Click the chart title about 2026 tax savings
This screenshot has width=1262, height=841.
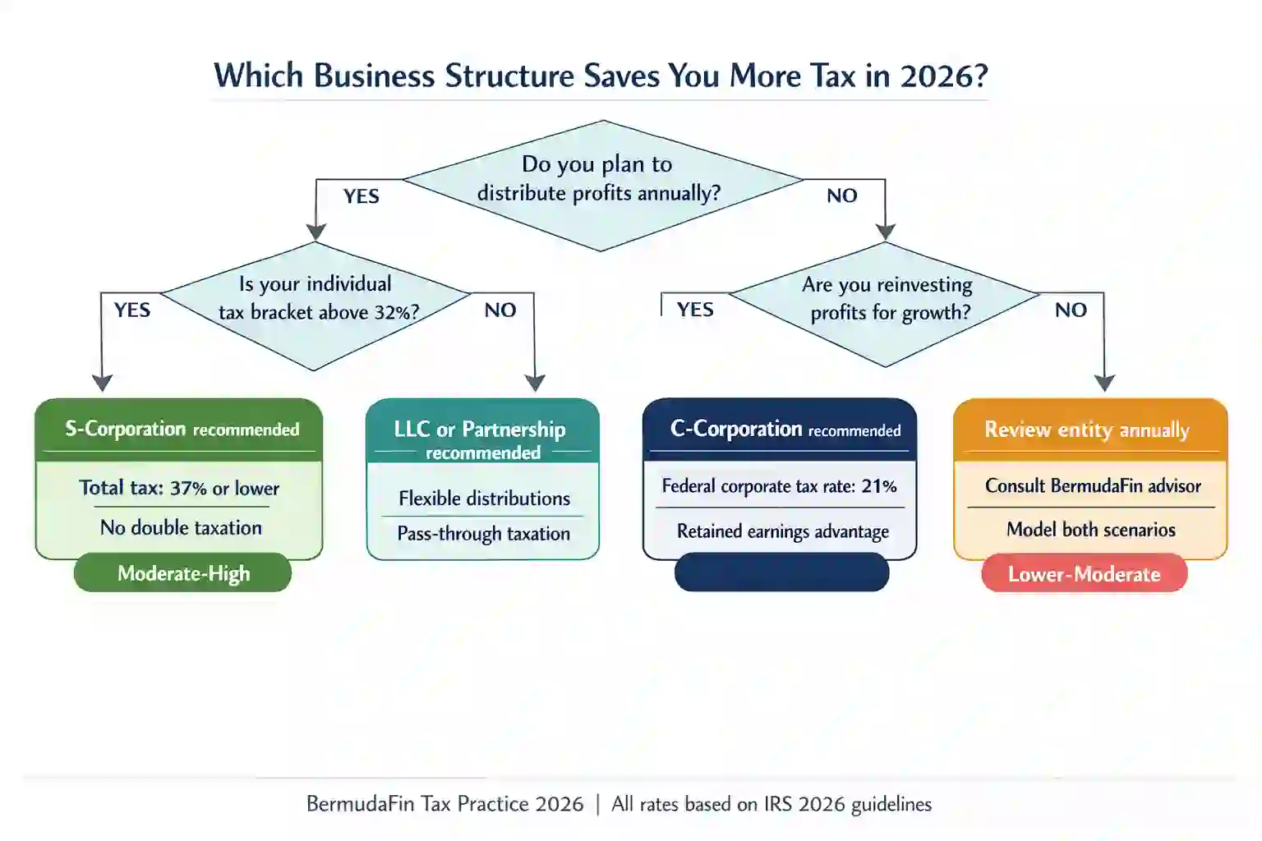pyautogui.click(x=601, y=76)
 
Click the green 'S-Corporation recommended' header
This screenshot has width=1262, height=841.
pyautogui.click(x=181, y=429)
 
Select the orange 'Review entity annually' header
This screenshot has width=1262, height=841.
pyautogui.click(x=1088, y=429)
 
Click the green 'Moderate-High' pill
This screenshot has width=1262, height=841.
pyautogui.click(x=183, y=573)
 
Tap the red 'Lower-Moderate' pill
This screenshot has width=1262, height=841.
pyautogui.click(x=1084, y=573)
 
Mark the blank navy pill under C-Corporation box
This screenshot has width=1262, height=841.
pyautogui.click(x=781, y=572)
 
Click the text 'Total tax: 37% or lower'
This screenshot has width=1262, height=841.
pyautogui.click(x=179, y=488)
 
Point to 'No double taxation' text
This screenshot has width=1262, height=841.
pyautogui.click(x=181, y=527)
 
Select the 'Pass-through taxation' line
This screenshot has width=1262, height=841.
pyautogui.click(x=483, y=533)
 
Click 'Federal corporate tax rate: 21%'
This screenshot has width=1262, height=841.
pyautogui.click(x=779, y=486)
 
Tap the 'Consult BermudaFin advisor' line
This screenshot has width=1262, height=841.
pyautogui.click(x=1093, y=486)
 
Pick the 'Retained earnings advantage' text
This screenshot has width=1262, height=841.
pyautogui.click(x=782, y=531)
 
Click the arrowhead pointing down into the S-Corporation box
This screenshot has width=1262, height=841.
pyautogui.click(x=102, y=384)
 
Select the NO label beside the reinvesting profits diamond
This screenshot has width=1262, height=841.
pyautogui.click(x=1071, y=310)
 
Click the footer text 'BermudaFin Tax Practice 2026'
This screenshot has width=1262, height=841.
pyautogui.click(x=444, y=803)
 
